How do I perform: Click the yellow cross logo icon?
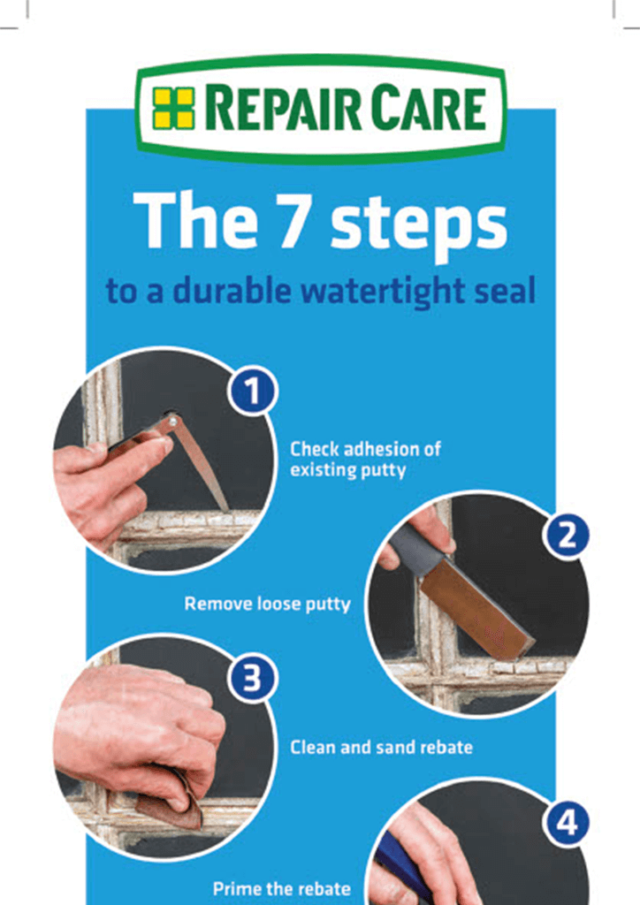pyautogui.click(x=174, y=108)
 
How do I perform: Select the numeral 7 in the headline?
pyautogui.click(x=299, y=220)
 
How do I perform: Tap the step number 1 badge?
pyautogui.click(x=253, y=391)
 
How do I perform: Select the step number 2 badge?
pyautogui.click(x=566, y=535)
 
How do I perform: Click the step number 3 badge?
pyautogui.click(x=253, y=679)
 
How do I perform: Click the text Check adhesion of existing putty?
pyautogui.click(x=365, y=460)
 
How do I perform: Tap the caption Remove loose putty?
pyautogui.click(x=267, y=604)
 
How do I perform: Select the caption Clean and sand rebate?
pyautogui.click(x=382, y=748)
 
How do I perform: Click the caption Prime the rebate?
pyautogui.click(x=282, y=889)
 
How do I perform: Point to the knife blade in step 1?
pyautogui.click(x=199, y=461)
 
